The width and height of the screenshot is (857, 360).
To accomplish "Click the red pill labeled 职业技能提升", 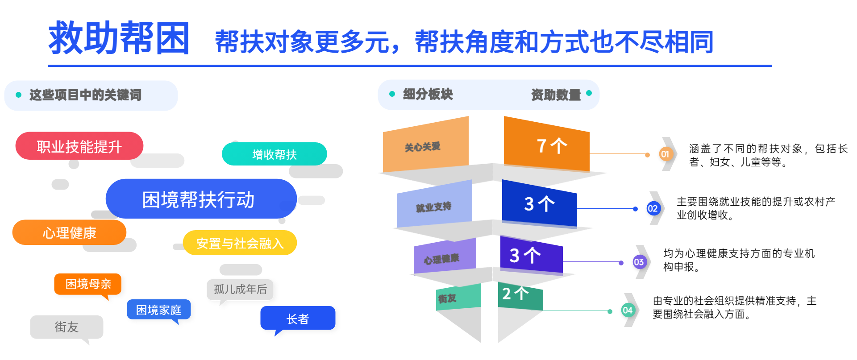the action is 79,146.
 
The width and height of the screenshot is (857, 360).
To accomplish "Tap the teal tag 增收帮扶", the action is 275,154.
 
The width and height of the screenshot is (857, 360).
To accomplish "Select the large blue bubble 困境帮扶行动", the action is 201,199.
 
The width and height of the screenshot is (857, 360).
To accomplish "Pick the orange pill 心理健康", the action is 69,232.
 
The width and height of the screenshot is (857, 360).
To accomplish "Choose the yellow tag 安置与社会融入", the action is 240,243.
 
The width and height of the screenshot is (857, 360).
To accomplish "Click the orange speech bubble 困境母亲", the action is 88,284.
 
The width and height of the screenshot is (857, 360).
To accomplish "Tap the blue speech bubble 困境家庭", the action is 159,310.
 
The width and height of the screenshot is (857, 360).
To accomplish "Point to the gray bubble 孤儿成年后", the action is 240,290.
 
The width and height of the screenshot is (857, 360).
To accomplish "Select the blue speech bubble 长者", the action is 298,319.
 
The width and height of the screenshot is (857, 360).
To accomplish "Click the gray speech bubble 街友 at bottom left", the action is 67,327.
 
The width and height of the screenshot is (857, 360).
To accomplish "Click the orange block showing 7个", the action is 547,144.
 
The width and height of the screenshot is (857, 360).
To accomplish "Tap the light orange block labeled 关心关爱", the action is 426,145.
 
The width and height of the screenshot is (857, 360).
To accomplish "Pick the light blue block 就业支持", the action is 435,204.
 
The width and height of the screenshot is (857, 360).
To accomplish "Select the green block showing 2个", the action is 520,296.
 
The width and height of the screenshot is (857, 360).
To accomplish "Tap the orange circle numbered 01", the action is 665,154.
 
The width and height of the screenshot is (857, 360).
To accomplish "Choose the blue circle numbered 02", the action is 653,208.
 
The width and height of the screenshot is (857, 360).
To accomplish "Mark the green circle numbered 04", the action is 628,310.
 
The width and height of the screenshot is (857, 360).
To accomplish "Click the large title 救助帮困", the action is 119,38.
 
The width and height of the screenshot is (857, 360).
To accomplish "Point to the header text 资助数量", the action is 556,95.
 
